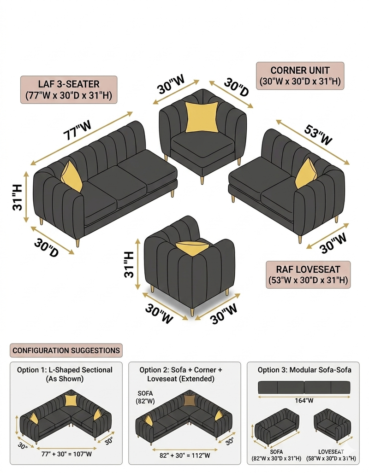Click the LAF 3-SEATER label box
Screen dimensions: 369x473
69,90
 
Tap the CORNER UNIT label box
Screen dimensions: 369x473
300,76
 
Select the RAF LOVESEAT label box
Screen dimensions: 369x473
308,275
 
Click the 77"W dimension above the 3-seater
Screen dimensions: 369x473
77,130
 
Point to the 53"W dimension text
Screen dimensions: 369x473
318,134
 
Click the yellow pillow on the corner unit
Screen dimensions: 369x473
202,117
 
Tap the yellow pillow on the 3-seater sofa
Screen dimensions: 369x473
71,176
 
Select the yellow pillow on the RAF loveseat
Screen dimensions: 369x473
306,174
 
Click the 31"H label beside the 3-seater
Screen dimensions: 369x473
18,197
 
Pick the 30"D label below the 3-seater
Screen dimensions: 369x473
46,248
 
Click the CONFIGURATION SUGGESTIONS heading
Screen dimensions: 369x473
66,350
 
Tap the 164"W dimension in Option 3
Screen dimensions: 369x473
304,401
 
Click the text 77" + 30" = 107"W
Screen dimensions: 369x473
66,454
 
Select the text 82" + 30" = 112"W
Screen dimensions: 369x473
184,455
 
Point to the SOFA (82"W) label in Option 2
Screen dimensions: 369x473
145,397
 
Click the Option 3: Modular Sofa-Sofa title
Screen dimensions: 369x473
304,370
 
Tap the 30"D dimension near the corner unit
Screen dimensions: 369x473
236,87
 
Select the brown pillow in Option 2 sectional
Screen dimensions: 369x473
190,401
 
